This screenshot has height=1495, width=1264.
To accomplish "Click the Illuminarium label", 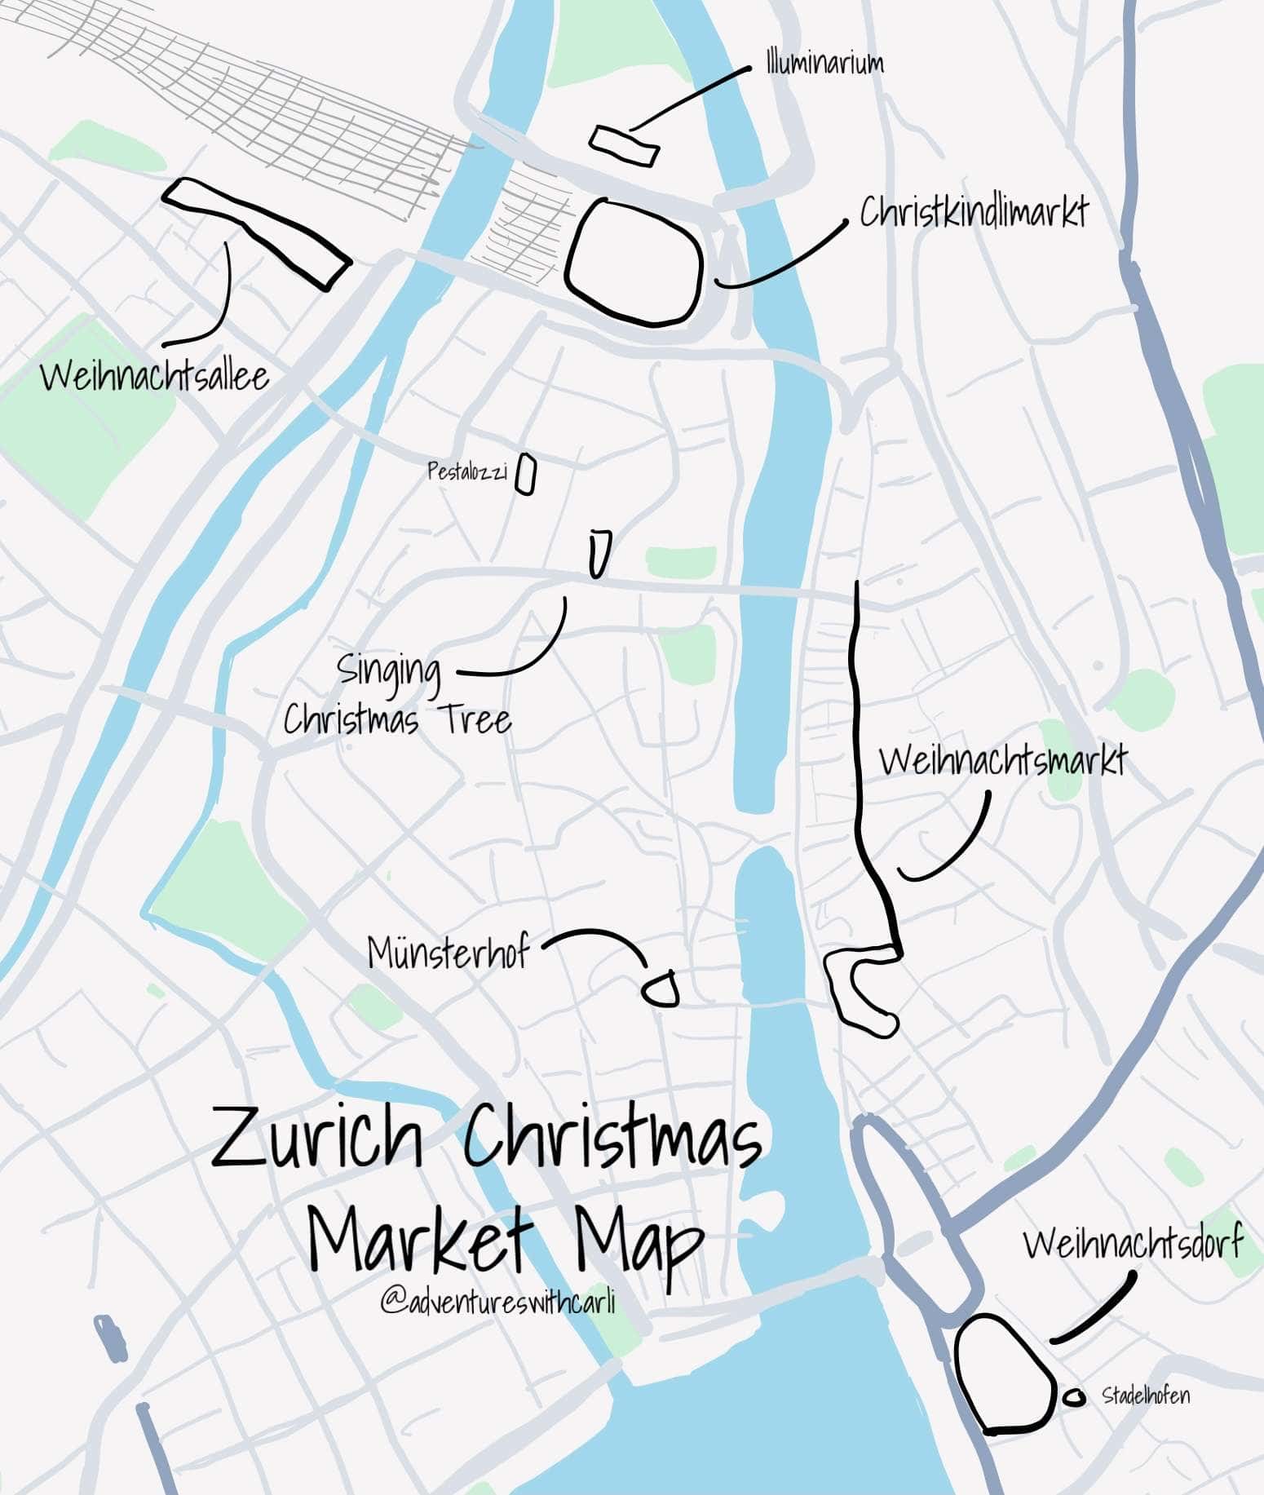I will tap(824, 64).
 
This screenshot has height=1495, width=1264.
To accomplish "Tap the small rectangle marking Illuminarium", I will tap(624, 146).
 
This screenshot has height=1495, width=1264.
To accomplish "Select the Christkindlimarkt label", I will tap(974, 213).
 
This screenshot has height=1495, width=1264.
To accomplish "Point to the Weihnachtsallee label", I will tap(154, 377).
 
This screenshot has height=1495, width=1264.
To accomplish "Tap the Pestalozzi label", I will tap(467, 471).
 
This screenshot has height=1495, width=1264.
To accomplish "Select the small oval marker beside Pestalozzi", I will tap(526, 475).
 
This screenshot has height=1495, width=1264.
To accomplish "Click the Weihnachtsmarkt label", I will tap(1002, 761).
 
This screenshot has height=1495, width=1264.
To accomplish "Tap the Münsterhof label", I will tap(448, 952).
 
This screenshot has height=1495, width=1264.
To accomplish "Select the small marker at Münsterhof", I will tap(660, 989).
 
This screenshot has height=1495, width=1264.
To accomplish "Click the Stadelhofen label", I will tap(1146, 1395).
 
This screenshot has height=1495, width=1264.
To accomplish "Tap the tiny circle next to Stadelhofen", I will tap(1076, 1398).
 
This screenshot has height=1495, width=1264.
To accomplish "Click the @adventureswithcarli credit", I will tap(497, 1302).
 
